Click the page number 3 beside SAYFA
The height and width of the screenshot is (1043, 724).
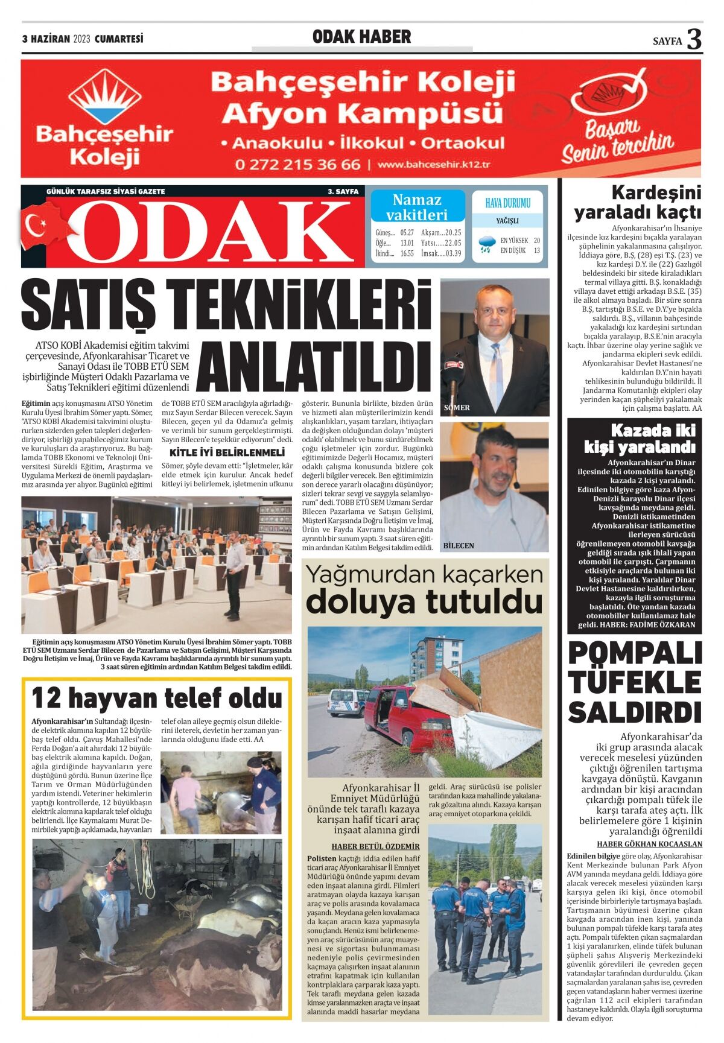click(694, 39)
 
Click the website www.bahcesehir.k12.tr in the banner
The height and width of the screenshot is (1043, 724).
click(434, 165)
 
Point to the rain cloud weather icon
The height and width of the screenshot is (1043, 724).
click(485, 244)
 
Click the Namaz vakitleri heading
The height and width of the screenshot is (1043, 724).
click(417, 207)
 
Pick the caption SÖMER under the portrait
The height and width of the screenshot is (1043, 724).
click(457, 408)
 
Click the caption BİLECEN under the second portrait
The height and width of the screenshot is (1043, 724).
click(459, 545)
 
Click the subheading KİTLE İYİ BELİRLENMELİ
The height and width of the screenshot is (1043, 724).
click(227, 452)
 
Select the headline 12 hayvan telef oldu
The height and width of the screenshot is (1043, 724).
click(156, 699)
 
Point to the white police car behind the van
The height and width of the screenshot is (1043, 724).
click(346, 702)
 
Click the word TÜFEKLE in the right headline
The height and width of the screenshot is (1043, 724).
click(635, 682)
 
